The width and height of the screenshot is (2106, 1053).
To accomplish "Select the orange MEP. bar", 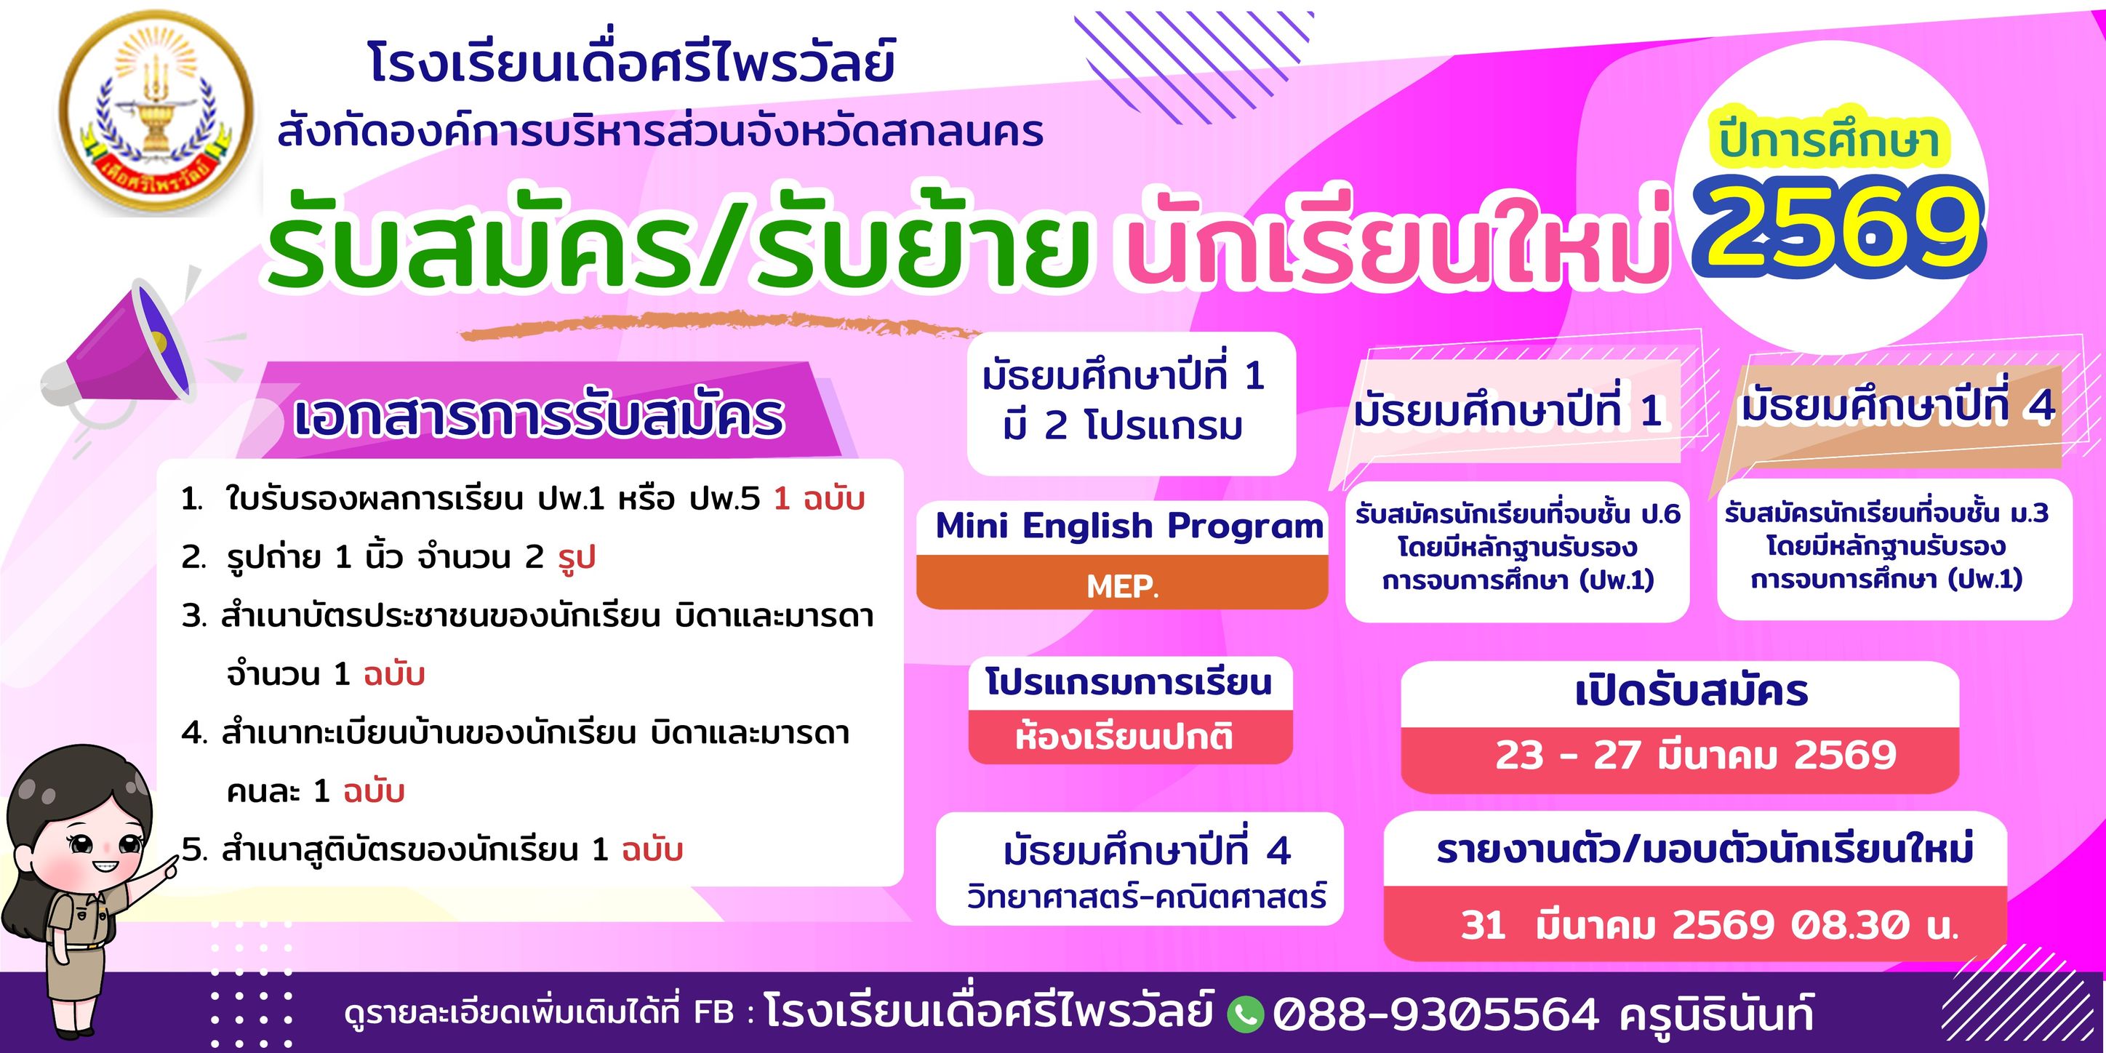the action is coord(1121,583).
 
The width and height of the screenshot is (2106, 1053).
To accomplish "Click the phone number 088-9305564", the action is coord(1436,1014).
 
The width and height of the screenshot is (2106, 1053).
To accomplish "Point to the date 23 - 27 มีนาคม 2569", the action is coord(1696,755).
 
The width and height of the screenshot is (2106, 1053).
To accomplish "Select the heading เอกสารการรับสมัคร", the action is coord(538,417).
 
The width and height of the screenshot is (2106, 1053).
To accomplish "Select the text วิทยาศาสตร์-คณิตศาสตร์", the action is coord(1146,897).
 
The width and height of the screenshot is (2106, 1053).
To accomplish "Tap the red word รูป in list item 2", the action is coord(577,558).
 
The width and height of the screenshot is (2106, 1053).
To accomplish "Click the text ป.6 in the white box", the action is coord(1659,513).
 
